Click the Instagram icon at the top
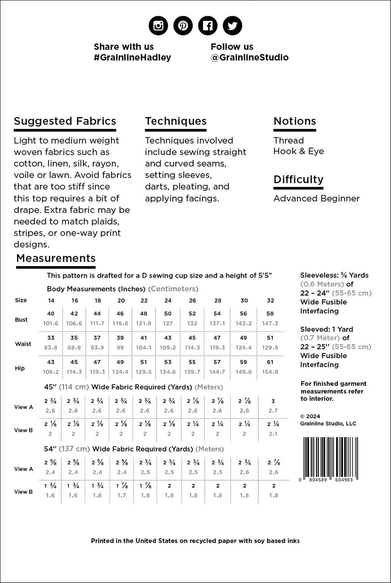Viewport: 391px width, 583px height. coord(158,26)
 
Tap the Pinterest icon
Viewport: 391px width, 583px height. coord(183,26)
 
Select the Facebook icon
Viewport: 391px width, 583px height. coord(207,26)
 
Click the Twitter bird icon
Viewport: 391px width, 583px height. coord(232,26)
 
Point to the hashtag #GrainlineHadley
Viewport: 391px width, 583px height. coord(132,57)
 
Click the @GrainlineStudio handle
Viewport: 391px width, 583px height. coord(249,57)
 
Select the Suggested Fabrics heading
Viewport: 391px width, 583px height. coord(65,121)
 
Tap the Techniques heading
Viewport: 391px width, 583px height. coord(176,121)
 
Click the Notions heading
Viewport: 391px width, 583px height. coord(295,121)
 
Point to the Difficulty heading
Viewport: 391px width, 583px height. coord(298,179)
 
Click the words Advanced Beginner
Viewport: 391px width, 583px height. coord(316,198)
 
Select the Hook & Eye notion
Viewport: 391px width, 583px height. coord(298,151)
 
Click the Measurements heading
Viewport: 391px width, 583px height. coord(56,258)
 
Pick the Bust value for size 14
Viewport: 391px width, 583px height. coord(51,313)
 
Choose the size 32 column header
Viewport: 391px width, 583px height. coord(271,300)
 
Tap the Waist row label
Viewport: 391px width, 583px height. coord(23,344)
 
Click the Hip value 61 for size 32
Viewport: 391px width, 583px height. coord(270,362)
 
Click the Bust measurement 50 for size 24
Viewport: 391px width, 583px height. coord(168,313)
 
